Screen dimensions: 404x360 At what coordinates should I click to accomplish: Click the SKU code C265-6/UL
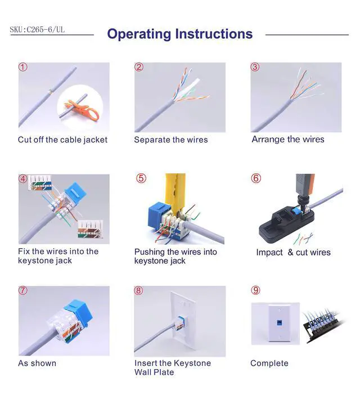pos(37,29)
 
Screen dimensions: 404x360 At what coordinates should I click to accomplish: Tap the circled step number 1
pos(23,67)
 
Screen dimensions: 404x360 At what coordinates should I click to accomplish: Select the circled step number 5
pos(141,178)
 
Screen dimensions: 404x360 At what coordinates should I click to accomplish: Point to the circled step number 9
pos(256,290)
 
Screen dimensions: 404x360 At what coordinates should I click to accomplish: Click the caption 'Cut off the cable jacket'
pos(62,140)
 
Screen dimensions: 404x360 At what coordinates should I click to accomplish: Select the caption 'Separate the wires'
pos(170,140)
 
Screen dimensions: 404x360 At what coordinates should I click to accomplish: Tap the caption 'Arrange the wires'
pos(287,140)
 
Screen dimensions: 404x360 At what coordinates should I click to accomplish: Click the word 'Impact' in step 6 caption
pos(269,252)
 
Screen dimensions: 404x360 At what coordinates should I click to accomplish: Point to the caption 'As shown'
pos(37,363)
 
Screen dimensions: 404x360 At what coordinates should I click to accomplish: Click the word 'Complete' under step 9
pos(269,363)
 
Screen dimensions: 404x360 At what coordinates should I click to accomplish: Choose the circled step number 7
pos(23,290)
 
